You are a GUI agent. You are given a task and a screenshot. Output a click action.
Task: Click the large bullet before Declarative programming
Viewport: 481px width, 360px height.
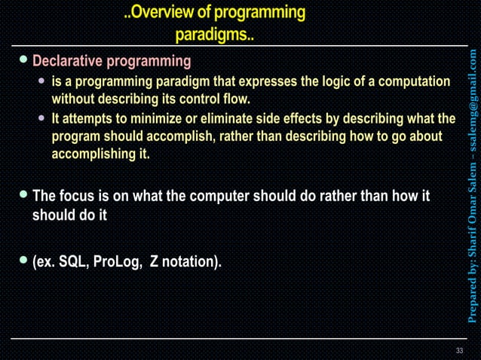pos(23,60)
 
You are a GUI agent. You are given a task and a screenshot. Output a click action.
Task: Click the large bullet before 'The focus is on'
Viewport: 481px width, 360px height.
pos(23,196)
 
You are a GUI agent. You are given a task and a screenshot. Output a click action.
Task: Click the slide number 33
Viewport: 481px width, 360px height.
pos(460,351)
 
